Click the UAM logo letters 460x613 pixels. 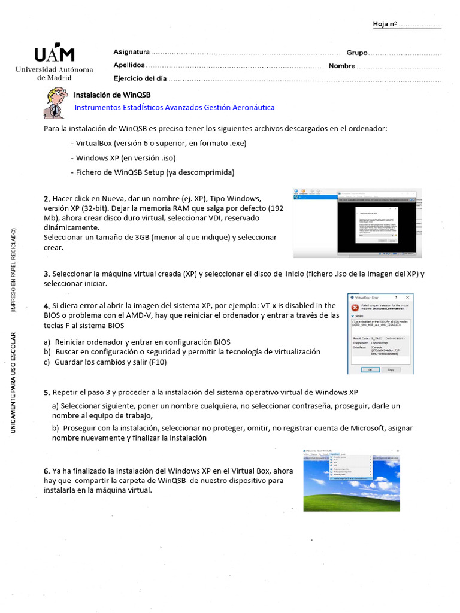point(54,54)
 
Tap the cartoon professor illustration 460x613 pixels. point(56,102)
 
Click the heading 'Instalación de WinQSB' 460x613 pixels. point(112,95)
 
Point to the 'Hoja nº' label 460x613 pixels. point(385,25)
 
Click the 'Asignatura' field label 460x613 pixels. point(132,52)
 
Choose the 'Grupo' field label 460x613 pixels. point(357,53)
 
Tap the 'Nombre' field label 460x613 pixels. point(342,66)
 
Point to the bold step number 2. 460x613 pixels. point(47,199)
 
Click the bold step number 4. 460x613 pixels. point(47,306)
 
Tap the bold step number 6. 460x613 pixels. point(47,471)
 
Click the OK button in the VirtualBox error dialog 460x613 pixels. point(370,369)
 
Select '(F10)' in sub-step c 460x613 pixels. point(157,362)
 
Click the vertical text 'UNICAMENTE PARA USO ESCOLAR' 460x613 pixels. point(13,382)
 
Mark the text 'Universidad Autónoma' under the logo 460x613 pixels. point(55,70)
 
